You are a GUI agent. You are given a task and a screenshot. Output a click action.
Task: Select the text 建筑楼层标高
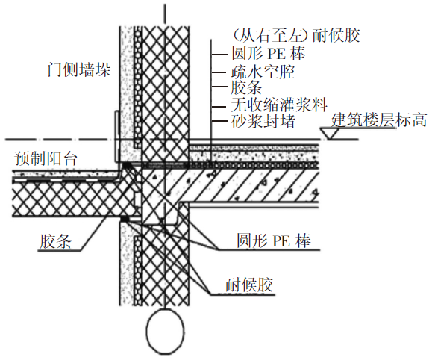point(379,119)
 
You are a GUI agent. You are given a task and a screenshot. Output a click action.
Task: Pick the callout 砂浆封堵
point(263,120)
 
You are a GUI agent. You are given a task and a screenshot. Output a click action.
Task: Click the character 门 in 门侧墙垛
point(49,70)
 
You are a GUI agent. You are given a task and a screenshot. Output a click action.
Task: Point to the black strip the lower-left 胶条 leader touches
point(124,218)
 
